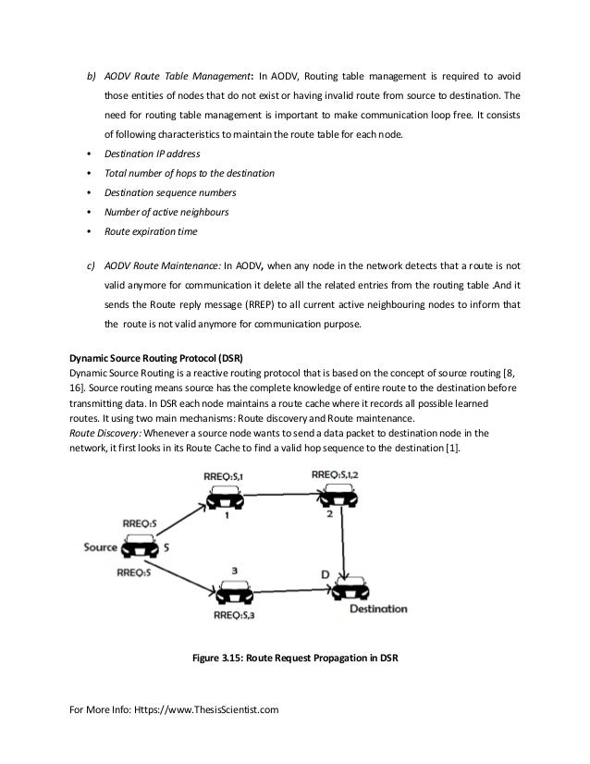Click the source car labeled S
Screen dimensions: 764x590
[136, 548]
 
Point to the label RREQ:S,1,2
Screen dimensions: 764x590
[336, 474]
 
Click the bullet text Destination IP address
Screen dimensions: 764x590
[151, 153]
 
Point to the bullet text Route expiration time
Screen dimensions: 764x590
[151, 231]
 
